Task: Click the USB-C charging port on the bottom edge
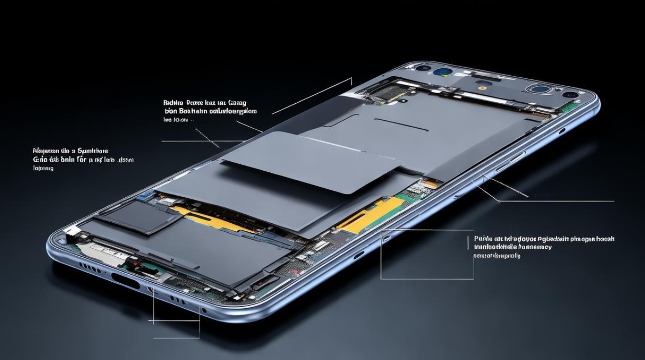(x=125, y=280)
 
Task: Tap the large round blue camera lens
(x=441, y=72)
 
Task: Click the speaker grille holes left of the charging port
(x=90, y=266)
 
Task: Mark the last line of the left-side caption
(x=43, y=168)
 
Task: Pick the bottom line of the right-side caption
(x=497, y=256)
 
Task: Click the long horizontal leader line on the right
(x=557, y=201)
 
